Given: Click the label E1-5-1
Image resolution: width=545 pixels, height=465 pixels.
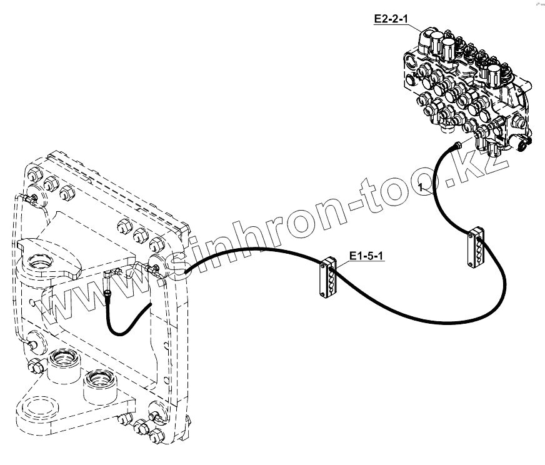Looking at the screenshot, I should click(364, 255).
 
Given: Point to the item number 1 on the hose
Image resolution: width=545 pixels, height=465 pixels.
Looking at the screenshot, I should click(422, 186).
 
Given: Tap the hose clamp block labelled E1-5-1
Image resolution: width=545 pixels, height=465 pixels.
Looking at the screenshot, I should click(328, 275).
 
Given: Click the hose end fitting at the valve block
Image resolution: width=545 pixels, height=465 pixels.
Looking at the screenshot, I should click(456, 146).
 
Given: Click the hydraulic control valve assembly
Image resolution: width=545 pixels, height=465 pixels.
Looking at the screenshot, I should click(466, 87).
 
